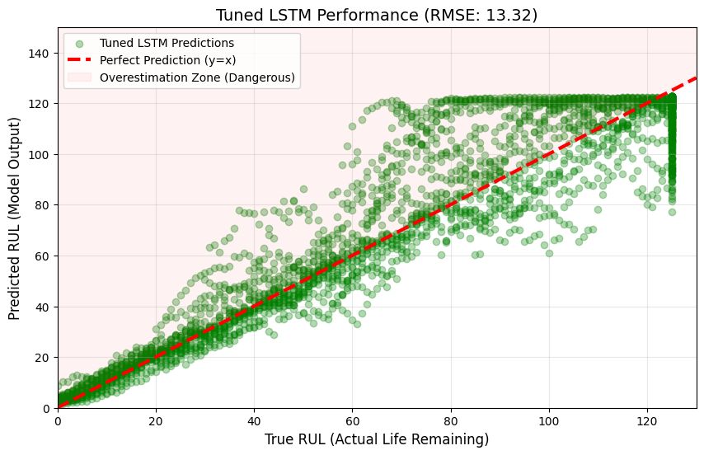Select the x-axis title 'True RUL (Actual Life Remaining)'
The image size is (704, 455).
click(377, 439)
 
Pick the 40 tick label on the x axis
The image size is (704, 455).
click(254, 420)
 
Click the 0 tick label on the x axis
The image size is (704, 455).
click(58, 420)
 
